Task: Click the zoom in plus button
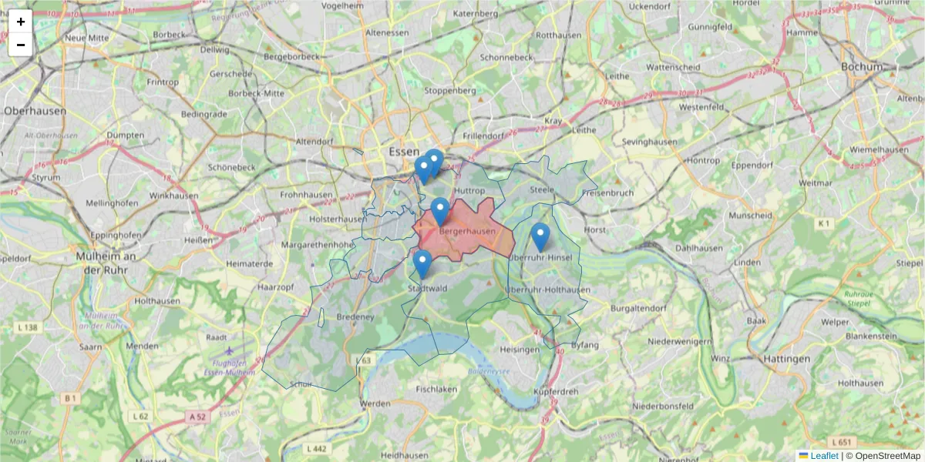tap(21, 22)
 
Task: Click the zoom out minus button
tap(21, 45)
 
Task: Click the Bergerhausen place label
tap(467, 231)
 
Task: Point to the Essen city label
tap(404, 151)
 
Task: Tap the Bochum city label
tap(861, 67)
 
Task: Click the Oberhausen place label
tap(35, 111)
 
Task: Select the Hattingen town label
tap(786, 359)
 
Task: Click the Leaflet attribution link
tap(824, 456)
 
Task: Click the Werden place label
tap(375, 403)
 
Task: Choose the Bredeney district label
tap(355, 316)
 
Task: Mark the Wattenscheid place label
tap(673, 67)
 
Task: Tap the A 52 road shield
tap(197, 417)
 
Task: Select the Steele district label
tap(542, 189)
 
